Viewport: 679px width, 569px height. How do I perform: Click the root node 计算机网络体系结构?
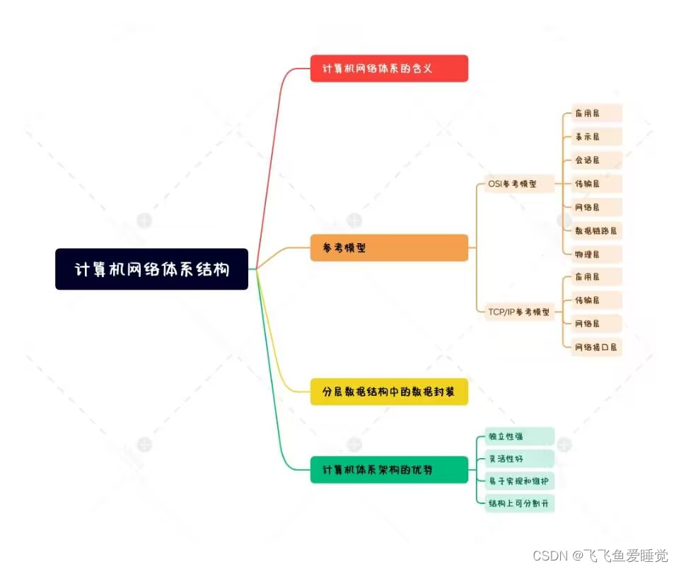click(x=151, y=269)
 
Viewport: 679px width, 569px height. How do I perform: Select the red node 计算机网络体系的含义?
click(x=389, y=69)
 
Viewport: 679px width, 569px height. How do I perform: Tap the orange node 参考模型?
click(x=389, y=248)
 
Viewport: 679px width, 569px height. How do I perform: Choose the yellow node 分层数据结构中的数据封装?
click(x=389, y=392)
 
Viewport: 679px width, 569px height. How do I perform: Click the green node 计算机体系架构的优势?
click(x=389, y=470)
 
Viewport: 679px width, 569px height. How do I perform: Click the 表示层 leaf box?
click(x=596, y=136)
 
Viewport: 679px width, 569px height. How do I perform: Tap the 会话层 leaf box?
click(x=596, y=160)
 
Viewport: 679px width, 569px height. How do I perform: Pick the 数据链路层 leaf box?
click(x=596, y=230)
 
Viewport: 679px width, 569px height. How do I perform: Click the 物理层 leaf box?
click(x=596, y=254)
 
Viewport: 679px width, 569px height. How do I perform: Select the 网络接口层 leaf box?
click(x=596, y=346)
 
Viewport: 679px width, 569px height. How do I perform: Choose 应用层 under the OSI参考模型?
click(x=596, y=113)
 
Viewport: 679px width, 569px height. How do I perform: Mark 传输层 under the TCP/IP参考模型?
click(x=596, y=300)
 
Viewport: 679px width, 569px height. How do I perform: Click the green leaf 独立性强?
click(x=518, y=436)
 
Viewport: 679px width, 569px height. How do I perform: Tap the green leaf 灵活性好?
click(x=518, y=459)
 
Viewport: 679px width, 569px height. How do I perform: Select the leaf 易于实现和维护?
click(x=518, y=481)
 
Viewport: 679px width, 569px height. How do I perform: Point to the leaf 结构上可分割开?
click(x=518, y=504)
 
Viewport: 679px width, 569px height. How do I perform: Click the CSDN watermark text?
click(x=600, y=556)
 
